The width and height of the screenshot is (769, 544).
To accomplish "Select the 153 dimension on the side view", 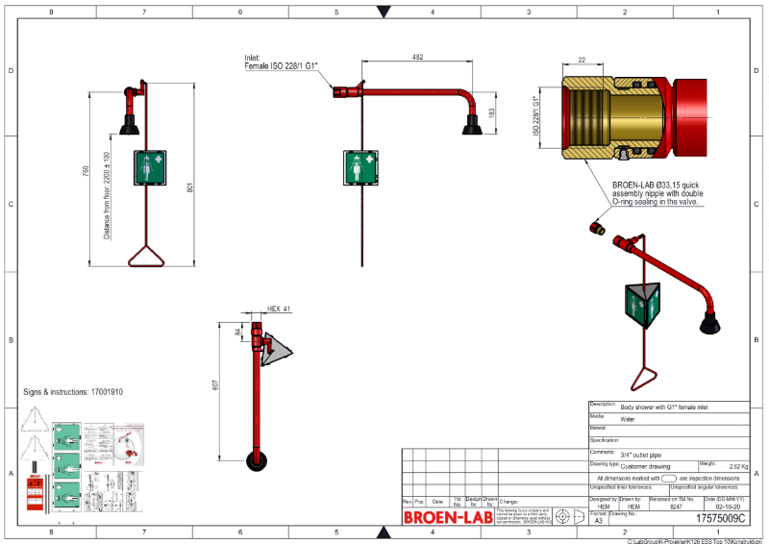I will point(492,111).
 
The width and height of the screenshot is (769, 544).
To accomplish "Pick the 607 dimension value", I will point(215,384).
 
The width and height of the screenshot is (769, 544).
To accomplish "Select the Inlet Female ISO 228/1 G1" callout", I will point(282,62).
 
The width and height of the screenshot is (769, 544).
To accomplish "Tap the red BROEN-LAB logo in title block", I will point(447,517).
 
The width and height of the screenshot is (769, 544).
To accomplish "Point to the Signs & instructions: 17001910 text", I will point(73,392).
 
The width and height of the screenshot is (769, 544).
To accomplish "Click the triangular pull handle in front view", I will point(144,257).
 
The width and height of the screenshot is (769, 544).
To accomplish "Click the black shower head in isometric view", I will point(709,323).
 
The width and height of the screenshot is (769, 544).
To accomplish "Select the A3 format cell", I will point(598,519).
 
